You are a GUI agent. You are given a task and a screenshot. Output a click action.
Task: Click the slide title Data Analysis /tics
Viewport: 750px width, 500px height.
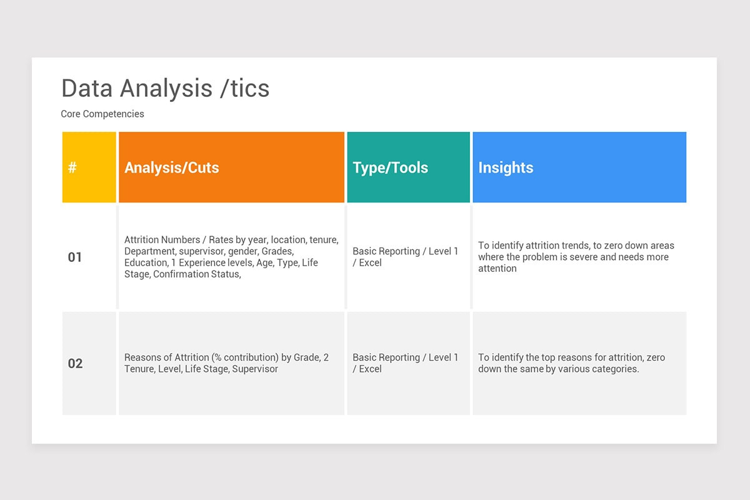[166, 88]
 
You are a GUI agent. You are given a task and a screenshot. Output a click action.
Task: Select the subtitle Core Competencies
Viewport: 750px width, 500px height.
[102, 114]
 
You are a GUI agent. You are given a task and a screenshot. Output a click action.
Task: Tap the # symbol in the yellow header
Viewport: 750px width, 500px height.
[72, 167]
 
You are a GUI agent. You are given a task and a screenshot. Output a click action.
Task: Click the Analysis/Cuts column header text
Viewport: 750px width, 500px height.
[172, 167]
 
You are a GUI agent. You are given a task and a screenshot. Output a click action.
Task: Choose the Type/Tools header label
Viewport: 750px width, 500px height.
[391, 167]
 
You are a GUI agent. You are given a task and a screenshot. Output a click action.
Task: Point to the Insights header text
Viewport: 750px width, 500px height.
[506, 167]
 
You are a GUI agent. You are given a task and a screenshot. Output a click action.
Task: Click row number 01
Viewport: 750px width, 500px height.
[74, 257]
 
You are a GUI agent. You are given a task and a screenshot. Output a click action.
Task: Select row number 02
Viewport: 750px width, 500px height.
[75, 363]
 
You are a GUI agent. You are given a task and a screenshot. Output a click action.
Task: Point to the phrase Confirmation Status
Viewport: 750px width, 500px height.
[197, 274]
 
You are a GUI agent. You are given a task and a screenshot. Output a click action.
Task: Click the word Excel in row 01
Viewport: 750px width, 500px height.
[370, 262]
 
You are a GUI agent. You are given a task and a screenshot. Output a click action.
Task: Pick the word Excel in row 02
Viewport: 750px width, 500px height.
[370, 369]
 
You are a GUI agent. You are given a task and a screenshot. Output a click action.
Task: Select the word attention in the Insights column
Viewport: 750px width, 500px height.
[497, 268]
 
